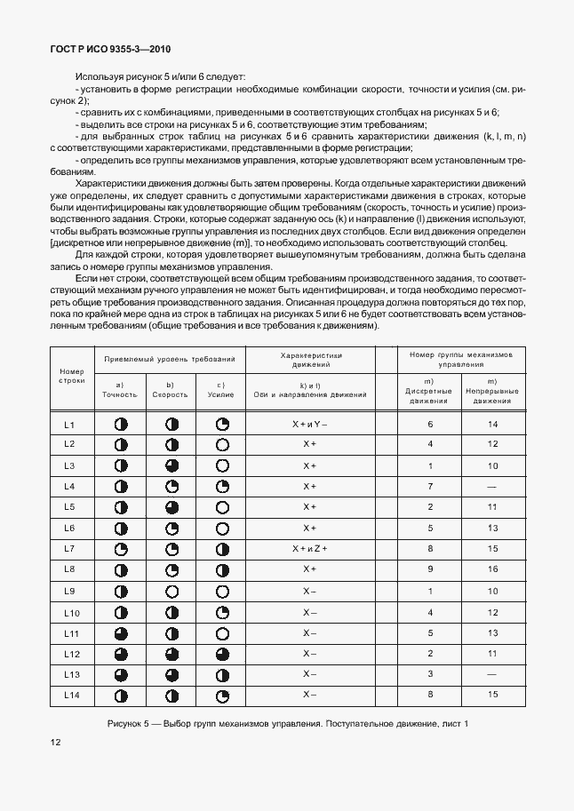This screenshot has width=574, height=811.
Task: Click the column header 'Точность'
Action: click(120, 393)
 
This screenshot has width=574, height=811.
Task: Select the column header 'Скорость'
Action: click(170, 393)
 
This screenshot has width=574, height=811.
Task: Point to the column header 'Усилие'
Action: click(221, 393)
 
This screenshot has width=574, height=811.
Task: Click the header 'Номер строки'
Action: click(71, 375)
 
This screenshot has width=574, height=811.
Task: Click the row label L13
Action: click(71, 674)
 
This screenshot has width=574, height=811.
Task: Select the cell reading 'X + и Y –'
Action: click(309, 425)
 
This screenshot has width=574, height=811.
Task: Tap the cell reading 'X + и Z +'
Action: click(309, 549)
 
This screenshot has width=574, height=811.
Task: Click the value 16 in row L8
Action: click(491, 569)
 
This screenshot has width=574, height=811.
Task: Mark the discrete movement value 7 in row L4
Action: click(429, 486)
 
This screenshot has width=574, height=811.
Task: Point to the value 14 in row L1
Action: click(491, 425)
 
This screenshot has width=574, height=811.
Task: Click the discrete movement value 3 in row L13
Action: click(429, 674)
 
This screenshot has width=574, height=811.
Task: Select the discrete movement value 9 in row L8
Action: click(429, 569)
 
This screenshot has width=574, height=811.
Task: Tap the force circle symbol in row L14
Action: click(223, 695)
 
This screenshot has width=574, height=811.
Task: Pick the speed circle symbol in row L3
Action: click(172, 465)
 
